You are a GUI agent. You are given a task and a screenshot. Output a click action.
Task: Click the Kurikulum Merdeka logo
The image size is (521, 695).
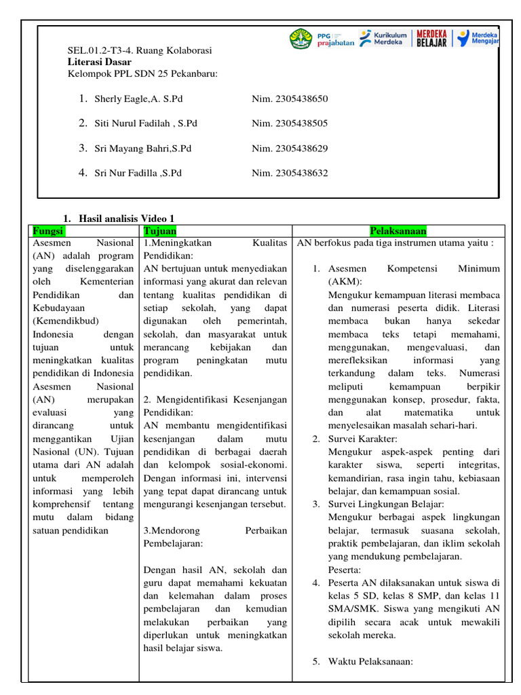point(383,39)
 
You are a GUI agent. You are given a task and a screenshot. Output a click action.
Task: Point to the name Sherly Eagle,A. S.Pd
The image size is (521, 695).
point(138,99)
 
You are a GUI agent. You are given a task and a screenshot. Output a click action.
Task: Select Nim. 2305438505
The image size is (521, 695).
point(290,124)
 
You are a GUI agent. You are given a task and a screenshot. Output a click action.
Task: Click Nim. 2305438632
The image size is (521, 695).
point(290,173)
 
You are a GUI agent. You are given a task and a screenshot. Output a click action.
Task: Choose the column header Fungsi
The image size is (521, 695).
point(48,231)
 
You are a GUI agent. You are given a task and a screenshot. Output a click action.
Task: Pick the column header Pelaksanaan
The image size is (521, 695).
point(398,231)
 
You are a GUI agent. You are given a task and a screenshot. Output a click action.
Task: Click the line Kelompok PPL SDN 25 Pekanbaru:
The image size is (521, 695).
point(142,73)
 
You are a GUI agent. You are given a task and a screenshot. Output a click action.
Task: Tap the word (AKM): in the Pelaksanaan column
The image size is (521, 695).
point(345,282)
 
